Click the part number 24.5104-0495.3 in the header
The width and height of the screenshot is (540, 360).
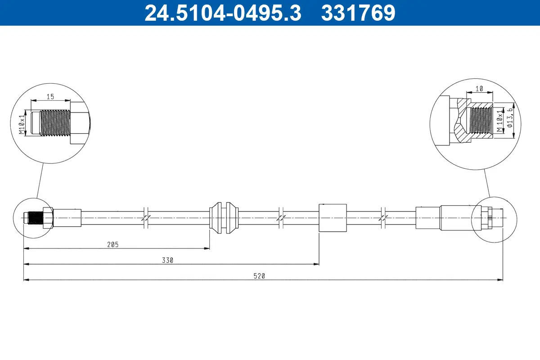[x=222, y=13]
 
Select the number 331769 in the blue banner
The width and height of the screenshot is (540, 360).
[x=358, y=13]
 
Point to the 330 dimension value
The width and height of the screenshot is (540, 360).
[x=167, y=260]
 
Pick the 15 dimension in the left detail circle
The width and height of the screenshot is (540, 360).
[x=50, y=96]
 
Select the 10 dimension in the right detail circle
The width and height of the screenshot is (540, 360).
[x=479, y=89]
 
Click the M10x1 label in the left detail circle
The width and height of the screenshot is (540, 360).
[x=21, y=125]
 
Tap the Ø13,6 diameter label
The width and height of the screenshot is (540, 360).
[x=510, y=118]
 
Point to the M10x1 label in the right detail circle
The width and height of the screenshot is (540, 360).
[x=499, y=121]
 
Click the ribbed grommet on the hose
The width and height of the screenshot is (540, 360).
[x=224, y=217]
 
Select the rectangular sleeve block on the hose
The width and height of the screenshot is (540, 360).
[x=333, y=217]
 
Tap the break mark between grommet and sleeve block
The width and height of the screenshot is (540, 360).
[x=281, y=217]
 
